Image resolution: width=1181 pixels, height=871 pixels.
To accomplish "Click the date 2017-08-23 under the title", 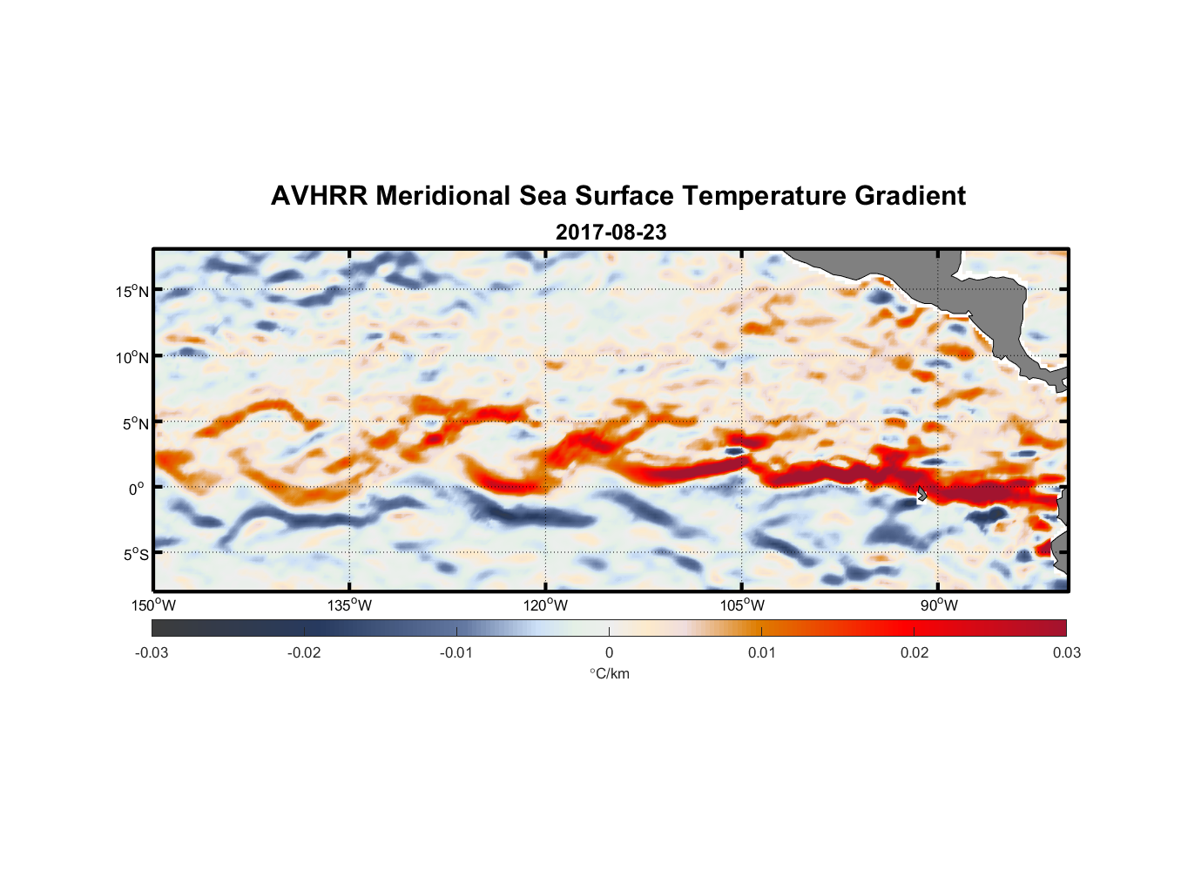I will (611, 233).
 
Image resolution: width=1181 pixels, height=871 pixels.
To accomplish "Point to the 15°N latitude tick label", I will (132, 291).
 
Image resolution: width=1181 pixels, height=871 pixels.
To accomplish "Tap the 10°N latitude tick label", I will (132, 357).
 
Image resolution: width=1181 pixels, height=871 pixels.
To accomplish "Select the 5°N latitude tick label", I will (134, 423).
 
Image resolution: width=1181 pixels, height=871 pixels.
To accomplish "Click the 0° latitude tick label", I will (137, 489).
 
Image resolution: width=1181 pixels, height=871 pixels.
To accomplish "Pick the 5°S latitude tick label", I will (134, 554).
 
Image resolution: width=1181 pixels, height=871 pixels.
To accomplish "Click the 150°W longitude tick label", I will (153, 605).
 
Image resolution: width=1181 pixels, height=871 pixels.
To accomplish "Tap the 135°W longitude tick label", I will (349, 605).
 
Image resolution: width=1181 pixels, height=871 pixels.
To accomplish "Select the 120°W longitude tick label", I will (545, 605).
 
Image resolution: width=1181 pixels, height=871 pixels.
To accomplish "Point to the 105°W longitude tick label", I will (742, 605).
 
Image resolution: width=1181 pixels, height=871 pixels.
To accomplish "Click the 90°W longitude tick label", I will (939, 605).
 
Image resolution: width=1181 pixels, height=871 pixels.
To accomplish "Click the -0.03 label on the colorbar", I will (152, 652).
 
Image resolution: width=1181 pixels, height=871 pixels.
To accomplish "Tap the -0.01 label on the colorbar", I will (456, 652).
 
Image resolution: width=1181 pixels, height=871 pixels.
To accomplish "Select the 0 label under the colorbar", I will (609, 652).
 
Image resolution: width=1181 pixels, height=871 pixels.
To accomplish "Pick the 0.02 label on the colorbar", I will (914, 652).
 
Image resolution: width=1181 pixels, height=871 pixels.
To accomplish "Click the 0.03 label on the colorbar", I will (1066, 652).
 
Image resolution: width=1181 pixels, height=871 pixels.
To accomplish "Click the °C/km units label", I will (609, 673).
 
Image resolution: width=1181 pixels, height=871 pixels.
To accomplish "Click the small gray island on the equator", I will (921, 494).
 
